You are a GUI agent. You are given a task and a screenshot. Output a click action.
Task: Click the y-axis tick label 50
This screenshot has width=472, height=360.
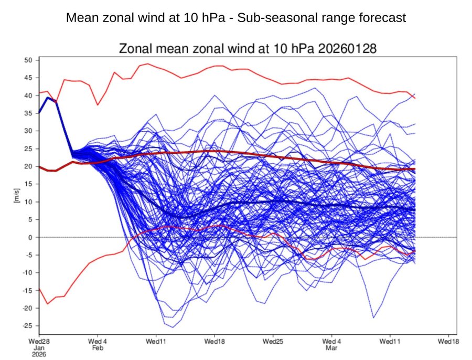[x=29, y=60]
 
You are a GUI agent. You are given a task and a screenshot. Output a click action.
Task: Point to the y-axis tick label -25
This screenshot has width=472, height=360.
[x=28, y=326]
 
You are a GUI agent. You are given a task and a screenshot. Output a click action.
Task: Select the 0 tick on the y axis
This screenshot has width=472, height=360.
[x=31, y=237]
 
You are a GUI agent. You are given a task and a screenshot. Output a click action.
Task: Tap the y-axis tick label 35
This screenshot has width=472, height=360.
[x=29, y=113]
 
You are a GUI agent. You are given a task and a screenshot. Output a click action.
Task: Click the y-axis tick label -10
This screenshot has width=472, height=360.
[x=28, y=273]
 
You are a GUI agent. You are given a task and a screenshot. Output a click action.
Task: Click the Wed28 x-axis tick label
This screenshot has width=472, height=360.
[x=39, y=341]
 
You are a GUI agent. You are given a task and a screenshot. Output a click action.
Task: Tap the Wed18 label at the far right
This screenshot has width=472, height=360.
[x=449, y=341]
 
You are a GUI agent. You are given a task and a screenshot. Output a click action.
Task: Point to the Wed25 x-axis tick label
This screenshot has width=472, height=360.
[x=273, y=341]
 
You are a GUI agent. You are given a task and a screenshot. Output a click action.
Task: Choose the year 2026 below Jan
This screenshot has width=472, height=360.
[x=39, y=355]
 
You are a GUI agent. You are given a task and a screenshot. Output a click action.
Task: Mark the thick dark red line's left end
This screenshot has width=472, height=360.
[x=39, y=167]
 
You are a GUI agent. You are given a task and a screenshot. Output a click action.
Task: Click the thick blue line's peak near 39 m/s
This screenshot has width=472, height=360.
[x=48, y=98]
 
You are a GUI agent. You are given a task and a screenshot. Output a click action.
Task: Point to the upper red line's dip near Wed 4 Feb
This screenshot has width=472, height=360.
[x=98, y=105]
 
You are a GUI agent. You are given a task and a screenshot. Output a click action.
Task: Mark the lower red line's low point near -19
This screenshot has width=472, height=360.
[x=48, y=304]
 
